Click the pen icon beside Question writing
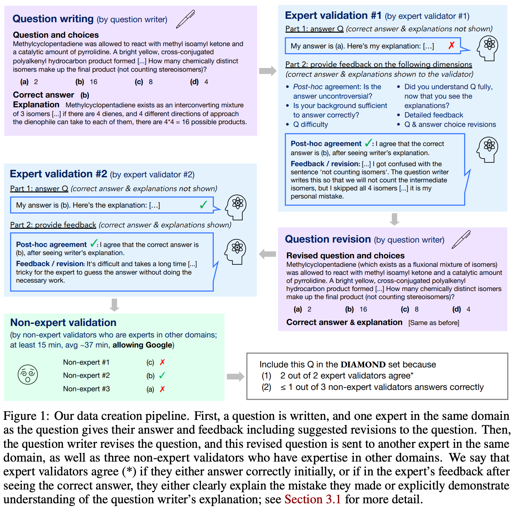[x=185, y=19]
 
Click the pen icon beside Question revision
[x=461, y=239]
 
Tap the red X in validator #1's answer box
[x=451, y=45]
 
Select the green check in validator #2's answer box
[x=203, y=205]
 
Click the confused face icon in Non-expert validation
[x=28, y=374]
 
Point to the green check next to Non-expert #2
[x=162, y=375]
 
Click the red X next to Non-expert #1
[x=162, y=362]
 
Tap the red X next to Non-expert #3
[x=162, y=389]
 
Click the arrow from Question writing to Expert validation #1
[x=268, y=71]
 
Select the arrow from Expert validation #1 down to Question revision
[x=395, y=219]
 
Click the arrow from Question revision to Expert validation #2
[x=268, y=254]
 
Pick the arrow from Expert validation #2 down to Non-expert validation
[x=114, y=304]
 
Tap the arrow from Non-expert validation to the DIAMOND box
[x=235, y=376]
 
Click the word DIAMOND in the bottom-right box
[x=363, y=364]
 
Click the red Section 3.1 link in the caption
[x=313, y=499]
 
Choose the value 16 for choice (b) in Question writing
[x=94, y=82]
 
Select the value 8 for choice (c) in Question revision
[x=417, y=309]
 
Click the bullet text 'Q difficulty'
[x=310, y=124]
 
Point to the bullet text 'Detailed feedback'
[x=434, y=115]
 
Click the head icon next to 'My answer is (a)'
[x=488, y=48]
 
